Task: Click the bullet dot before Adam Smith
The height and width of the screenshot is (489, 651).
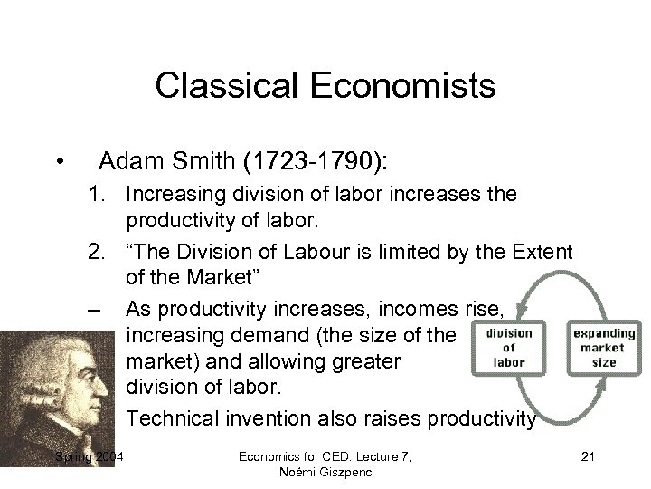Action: [x=59, y=163]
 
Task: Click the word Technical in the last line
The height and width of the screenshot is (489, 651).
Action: [x=172, y=419]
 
